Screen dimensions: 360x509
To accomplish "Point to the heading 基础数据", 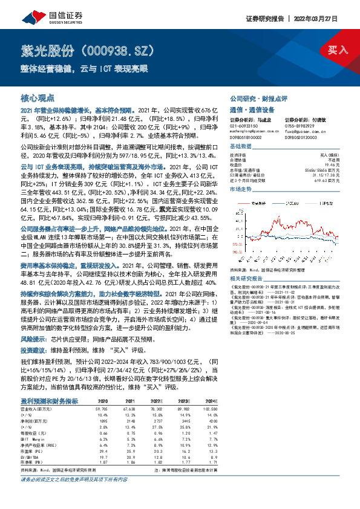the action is (240, 147).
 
